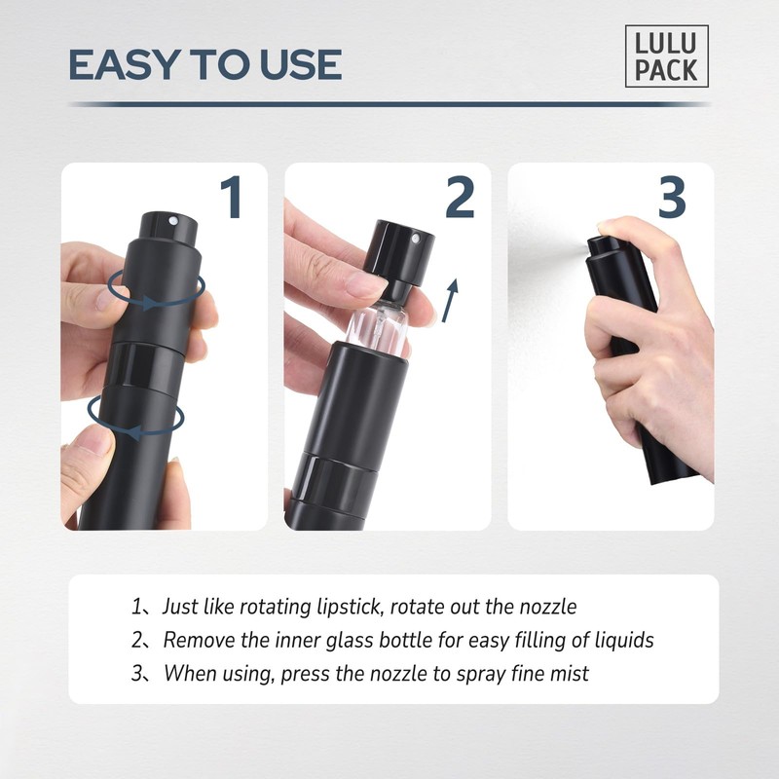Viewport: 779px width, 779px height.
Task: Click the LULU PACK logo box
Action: click(667, 56)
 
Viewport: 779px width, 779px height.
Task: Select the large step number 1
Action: click(230, 198)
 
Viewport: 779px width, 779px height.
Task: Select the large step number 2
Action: click(459, 198)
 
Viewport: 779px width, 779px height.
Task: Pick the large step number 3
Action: click(672, 198)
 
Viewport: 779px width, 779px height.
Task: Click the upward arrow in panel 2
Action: click(449, 299)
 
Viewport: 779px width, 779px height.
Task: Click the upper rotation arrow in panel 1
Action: click(156, 289)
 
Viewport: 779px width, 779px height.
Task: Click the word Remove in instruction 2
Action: click(195, 640)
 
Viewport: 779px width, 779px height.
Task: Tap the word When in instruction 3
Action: click(188, 673)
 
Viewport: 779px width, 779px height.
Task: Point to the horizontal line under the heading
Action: click(389, 104)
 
